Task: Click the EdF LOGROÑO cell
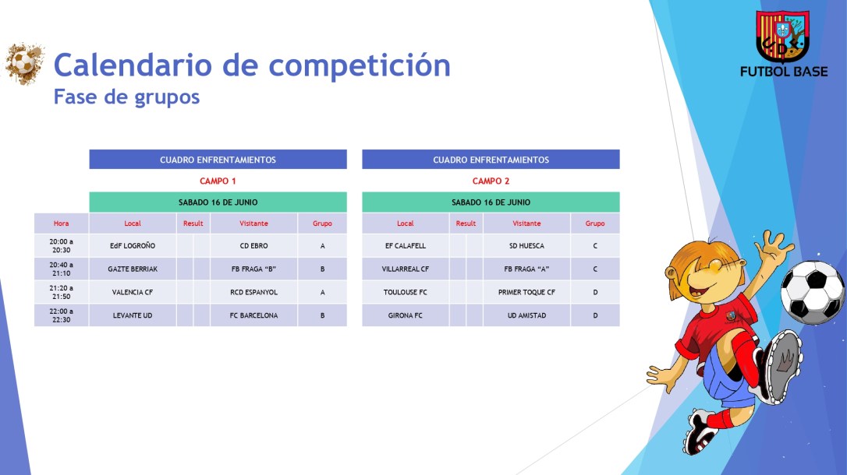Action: [x=133, y=246]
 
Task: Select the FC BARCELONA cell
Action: [x=253, y=315]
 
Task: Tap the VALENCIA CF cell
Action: [x=133, y=293]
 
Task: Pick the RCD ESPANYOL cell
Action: [x=253, y=293]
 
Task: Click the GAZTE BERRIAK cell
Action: [x=133, y=269]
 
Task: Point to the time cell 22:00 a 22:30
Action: [x=61, y=315]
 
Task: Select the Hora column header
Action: [x=61, y=223]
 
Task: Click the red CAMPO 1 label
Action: [x=218, y=181]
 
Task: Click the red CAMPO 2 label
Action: [x=491, y=181]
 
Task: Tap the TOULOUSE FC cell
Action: [x=406, y=293]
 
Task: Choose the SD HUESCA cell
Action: [x=526, y=246]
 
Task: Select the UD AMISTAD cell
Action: [x=526, y=315]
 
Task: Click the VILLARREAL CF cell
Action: [x=406, y=269]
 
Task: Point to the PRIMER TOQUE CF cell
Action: [x=526, y=293]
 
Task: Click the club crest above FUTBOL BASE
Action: [x=782, y=36]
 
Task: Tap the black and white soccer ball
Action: [x=812, y=292]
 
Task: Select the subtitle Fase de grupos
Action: [x=126, y=97]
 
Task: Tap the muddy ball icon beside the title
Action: [x=24, y=64]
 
